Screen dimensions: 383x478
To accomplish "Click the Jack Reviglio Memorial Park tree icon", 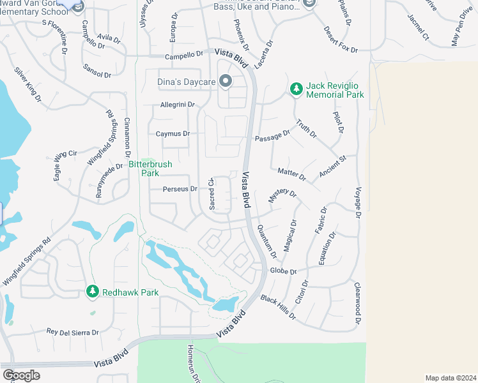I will [x=296, y=89].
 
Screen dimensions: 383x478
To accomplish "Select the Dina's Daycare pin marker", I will [x=225, y=81].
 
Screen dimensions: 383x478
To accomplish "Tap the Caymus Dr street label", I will [x=173, y=134].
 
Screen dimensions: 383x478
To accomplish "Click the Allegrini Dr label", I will [x=177, y=105].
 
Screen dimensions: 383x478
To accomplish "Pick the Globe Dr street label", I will [x=284, y=271].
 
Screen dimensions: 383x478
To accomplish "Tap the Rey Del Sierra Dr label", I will [x=73, y=332].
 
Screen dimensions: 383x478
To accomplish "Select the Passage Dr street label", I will [x=272, y=136].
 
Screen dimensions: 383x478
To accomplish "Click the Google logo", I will [x=21, y=375].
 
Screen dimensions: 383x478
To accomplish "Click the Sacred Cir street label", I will [x=212, y=194].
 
